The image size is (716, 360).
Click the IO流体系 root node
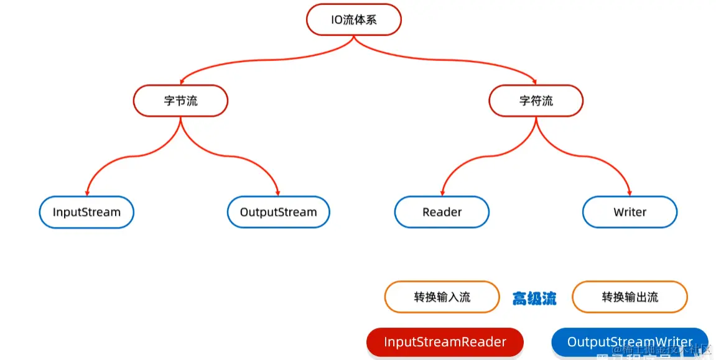click(354, 20)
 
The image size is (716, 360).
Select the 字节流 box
click(180, 101)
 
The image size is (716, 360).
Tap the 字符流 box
click(536, 101)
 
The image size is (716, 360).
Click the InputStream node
click(86, 212)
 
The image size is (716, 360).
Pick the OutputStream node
click(278, 212)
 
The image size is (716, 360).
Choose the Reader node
click(442, 212)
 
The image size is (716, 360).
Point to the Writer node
click(630, 212)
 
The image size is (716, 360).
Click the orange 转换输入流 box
click(442, 297)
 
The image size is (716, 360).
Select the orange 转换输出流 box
click(630, 297)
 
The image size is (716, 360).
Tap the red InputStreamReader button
click(445, 342)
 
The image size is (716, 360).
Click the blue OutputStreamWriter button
click(630, 342)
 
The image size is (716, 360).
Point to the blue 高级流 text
click(534, 298)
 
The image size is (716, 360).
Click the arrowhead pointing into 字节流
click(181, 81)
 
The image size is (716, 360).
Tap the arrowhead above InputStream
click(87, 192)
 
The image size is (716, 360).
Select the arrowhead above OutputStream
click(277, 192)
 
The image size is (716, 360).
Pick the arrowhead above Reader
click(442, 192)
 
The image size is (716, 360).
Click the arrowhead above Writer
click(630, 192)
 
